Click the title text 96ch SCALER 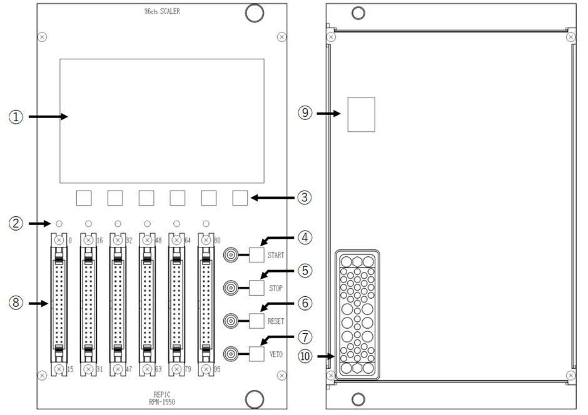pyautogui.click(x=162, y=12)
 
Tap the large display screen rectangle pyautogui.click(x=162, y=120)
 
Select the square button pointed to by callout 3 pyautogui.click(x=240, y=198)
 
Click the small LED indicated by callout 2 pyautogui.click(x=58, y=223)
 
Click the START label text pyautogui.click(x=276, y=255)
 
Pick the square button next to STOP pyautogui.click(x=257, y=287)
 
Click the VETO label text pyautogui.click(x=275, y=354)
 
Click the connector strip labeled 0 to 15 pyautogui.click(x=58, y=304)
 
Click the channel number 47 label pyautogui.click(x=128, y=369)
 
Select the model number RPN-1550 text pyautogui.click(x=162, y=403)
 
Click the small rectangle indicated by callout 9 pyautogui.click(x=361, y=114)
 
